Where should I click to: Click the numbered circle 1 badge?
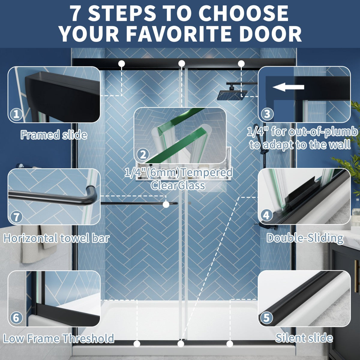[16, 114]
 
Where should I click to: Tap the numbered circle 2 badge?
[143, 154]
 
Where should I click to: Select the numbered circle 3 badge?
[267, 114]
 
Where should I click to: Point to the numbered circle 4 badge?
[266, 215]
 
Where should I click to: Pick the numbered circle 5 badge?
[266, 317]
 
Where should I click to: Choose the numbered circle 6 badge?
[16, 318]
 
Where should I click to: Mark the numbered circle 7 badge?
[16, 217]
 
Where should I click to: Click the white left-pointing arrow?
[288, 87]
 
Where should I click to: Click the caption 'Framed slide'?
[54, 135]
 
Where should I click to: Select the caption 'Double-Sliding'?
[305, 238]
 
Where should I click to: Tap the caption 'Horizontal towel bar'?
[56, 238]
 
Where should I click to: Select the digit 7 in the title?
[77, 13]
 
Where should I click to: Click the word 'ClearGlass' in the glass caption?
[178, 185]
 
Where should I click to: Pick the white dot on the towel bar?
[166, 205]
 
